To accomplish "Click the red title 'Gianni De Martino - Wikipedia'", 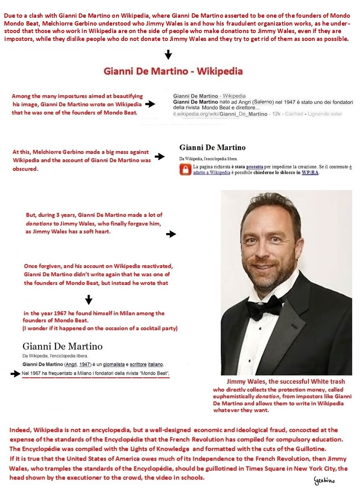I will pos(173,71).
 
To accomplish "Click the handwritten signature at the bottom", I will pos(324,481).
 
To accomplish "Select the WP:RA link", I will pos(310,173).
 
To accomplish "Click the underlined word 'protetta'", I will pos(254,167).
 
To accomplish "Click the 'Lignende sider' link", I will pos(326,114).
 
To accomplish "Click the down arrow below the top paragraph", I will pos(168,54).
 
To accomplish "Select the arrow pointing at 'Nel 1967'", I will pos(15,374).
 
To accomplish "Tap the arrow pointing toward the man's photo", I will pos(171,234).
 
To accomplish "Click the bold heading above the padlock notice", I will pos(212,148).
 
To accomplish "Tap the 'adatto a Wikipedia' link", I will pos(212,173).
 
